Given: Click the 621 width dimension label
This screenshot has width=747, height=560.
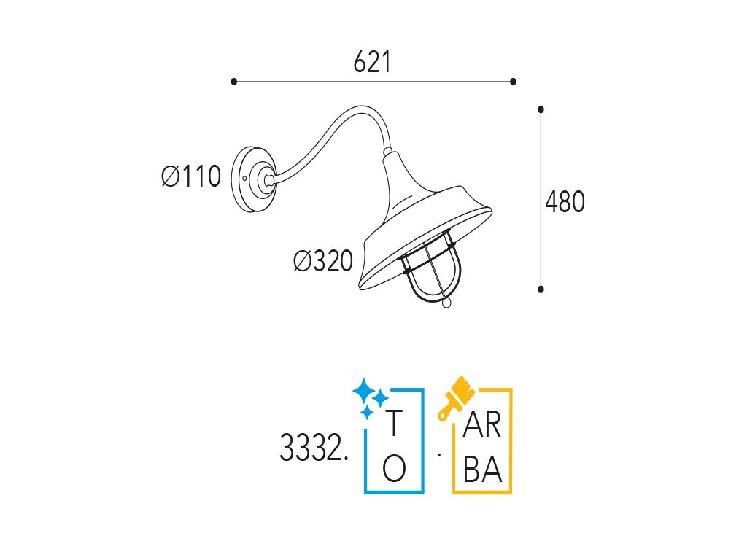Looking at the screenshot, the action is [372, 63].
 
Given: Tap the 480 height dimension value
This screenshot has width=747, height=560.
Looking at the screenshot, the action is [565, 202].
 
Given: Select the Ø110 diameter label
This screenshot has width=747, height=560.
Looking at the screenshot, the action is [191, 176].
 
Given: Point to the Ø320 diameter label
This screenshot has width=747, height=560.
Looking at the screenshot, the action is [323, 261].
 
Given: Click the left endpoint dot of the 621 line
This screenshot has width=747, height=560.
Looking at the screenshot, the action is [233, 82].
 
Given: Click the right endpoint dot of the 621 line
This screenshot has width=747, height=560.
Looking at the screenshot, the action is [513, 82].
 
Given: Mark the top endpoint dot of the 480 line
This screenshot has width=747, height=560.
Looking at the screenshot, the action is [541, 109].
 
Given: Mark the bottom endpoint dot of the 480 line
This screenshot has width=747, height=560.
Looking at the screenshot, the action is [541, 289].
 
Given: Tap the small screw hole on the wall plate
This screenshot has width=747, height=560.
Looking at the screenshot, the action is [244, 179].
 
